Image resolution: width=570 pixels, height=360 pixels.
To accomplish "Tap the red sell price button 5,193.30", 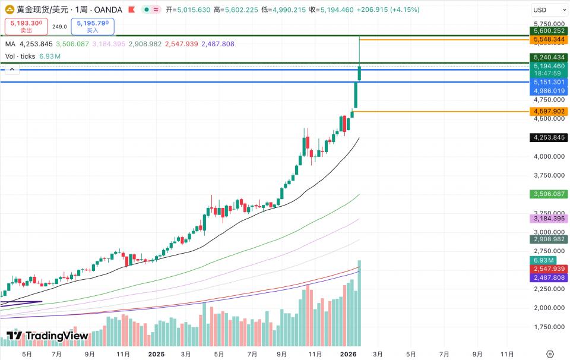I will [x=26, y=26].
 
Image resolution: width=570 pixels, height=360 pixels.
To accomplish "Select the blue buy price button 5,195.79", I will [x=93, y=26].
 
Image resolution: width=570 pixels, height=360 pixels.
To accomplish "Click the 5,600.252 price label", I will [x=549, y=31].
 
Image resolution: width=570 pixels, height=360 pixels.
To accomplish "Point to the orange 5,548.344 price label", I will [x=549, y=40].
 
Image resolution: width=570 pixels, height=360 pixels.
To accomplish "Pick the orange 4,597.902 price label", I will [x=549, y=111].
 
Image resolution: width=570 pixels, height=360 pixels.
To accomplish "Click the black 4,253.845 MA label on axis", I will [x=549, y=137].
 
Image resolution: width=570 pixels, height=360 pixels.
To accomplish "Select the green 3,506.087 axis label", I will [x=549, y=194].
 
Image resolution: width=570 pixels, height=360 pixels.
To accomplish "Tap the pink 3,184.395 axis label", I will [x=549, y=219].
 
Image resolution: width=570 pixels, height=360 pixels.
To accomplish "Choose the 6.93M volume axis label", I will [x=544, y=260].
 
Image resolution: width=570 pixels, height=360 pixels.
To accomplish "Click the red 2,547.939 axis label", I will [x=549, y=269].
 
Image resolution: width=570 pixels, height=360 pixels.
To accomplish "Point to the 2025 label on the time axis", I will [x=156, y=353].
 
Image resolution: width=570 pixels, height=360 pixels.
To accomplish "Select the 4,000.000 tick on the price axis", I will [x=549, y=156].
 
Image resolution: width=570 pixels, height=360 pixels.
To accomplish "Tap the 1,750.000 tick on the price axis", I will [x=549, y=327].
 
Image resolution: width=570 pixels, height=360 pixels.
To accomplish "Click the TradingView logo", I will [x=47, y=336].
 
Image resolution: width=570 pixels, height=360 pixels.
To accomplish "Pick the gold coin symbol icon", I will [x=9, y=10].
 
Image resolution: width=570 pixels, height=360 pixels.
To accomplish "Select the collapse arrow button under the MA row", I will [x=12, y=70].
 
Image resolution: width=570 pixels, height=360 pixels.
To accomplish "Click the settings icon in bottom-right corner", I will [x=549, y=353].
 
